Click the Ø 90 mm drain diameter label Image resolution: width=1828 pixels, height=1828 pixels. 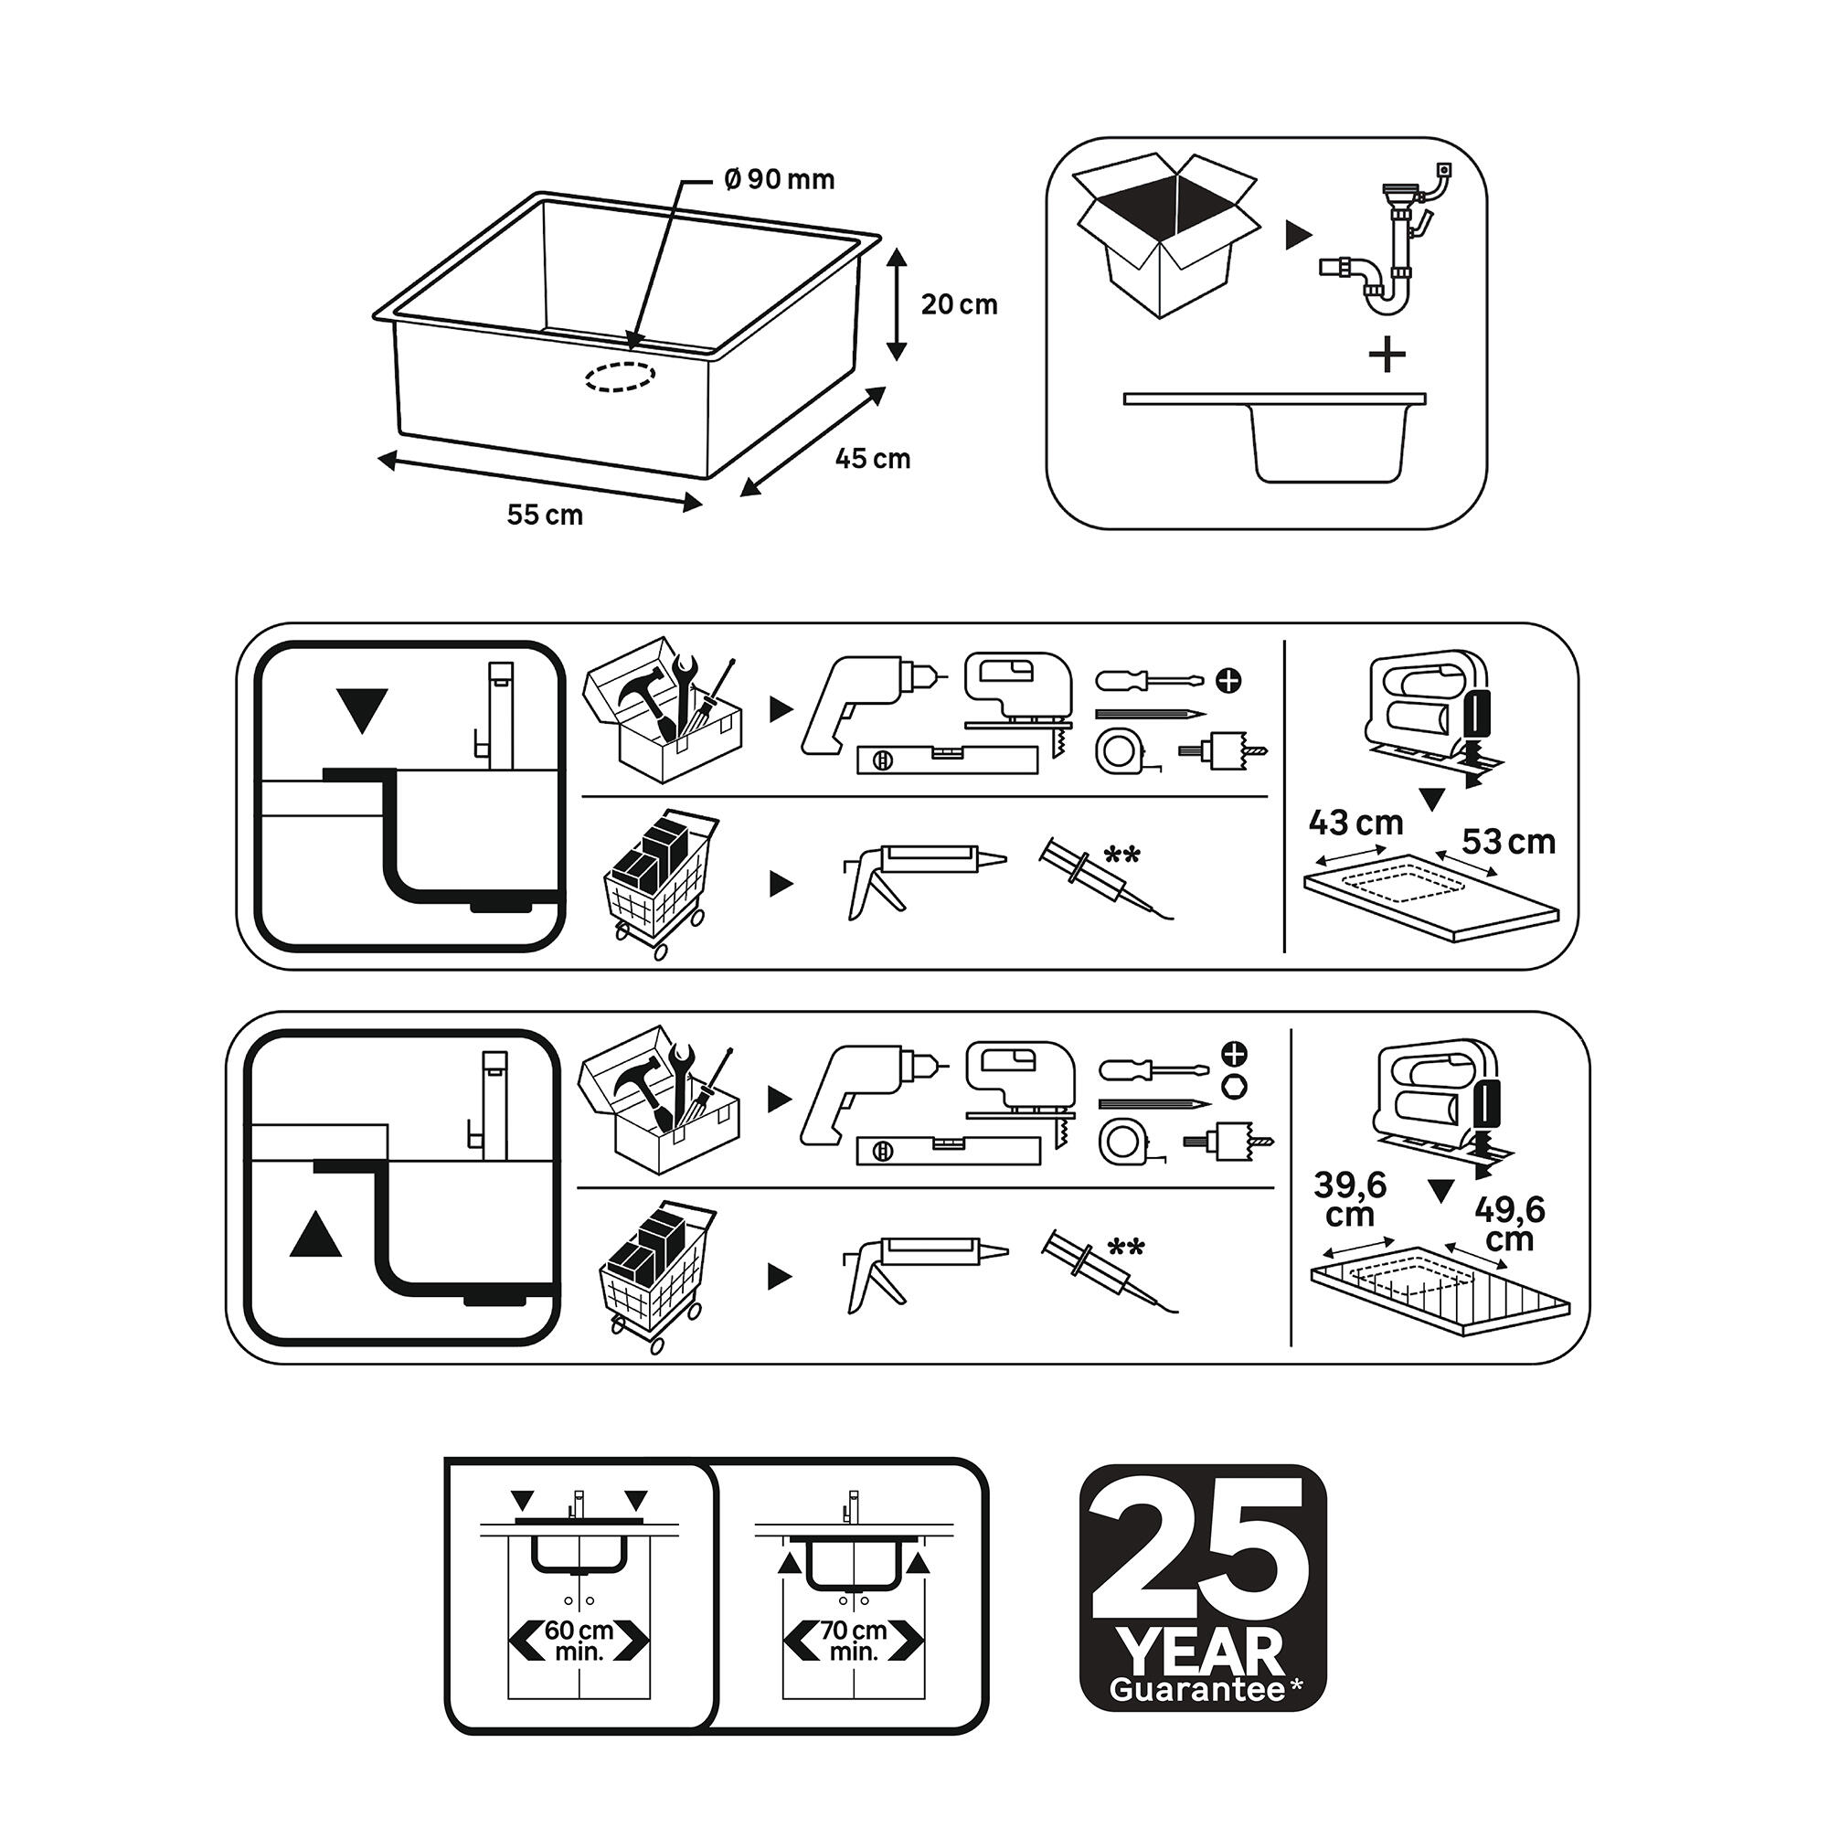pos(780,180)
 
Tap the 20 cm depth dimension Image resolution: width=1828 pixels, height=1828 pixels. pos(960,304)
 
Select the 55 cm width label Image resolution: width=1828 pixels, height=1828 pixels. pos(545,515)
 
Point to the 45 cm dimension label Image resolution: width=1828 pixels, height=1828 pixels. pos(872,459)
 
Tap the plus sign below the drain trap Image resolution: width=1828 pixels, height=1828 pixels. pos(1387,355)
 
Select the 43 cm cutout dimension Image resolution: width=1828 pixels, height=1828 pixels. pos(1355,824)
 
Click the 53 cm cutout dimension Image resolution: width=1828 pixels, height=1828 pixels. pos(1508,841)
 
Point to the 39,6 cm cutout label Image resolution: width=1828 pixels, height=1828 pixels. pos(1351,1199)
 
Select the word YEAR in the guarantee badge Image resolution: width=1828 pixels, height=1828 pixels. pos(1201,1652)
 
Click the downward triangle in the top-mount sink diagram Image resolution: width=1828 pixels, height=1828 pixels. pos(362,711)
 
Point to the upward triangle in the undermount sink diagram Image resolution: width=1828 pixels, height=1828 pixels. pos(316,1234)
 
